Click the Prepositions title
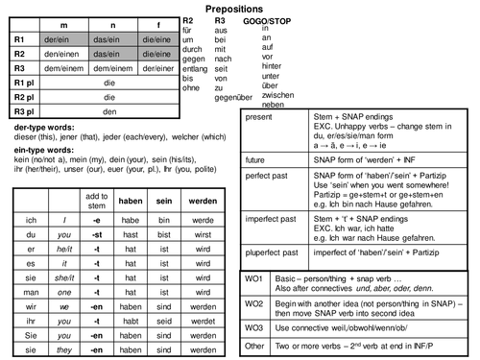[x=239, y=7]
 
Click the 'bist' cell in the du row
[x=168, y=233]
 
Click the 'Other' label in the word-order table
[x=254, y=345]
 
